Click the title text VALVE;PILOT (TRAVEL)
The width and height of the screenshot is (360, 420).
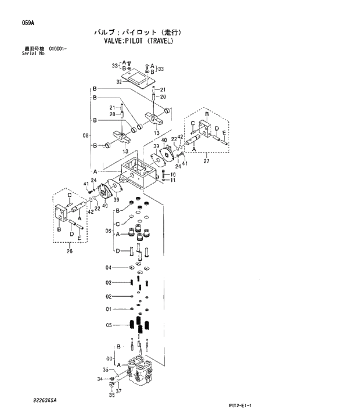click(138, 42)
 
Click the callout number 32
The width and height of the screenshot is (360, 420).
click(118, 82)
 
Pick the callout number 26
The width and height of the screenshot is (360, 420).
click(70, 251)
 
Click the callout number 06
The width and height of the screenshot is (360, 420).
click(108, 231)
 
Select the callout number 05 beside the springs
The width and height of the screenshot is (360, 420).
click(108, 325)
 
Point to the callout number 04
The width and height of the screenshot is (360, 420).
click(108, 268)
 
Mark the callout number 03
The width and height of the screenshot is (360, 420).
click(108, 283)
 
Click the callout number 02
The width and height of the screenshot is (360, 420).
click(108, 296)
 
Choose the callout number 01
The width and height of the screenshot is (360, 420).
click(108, 309)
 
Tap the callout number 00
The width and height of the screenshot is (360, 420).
click(109, 358)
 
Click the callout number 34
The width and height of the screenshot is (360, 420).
click(100, 379)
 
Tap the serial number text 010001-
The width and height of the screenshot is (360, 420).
click(57, 49)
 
